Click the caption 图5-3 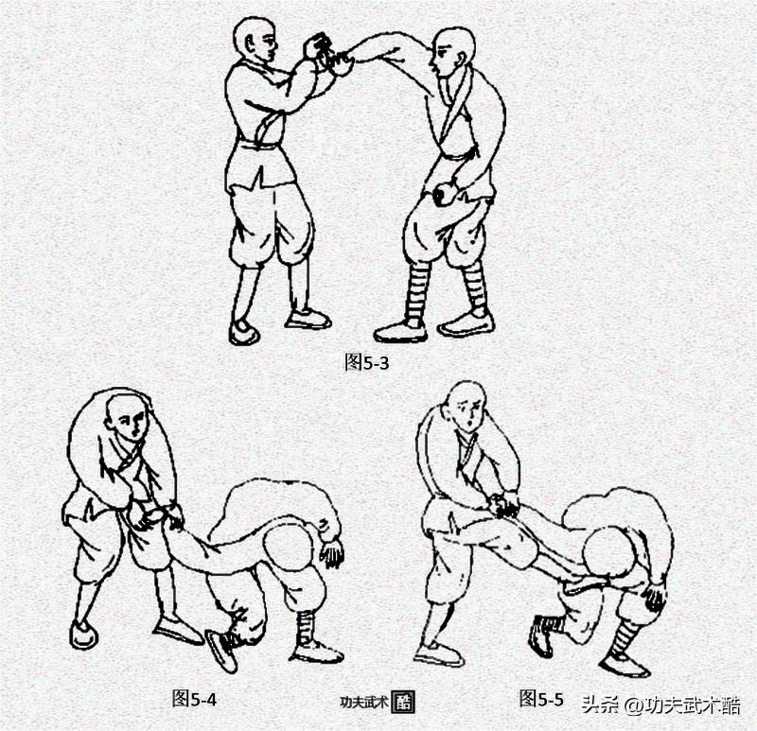(x=367, y=362)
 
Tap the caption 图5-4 (x=194, y=698)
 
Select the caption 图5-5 (x=541, y=698)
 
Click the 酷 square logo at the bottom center (x=402, y=702)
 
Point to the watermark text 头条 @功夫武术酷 (x=660, y=705)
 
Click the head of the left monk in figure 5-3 (x=255, y=40)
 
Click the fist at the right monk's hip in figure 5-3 (x=443, y=194)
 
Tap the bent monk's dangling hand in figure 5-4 (x=332, y=553)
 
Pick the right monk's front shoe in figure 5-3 (x=401, y=332)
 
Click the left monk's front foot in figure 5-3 (x=243, y=333)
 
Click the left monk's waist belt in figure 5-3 (x=258, y=144)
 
